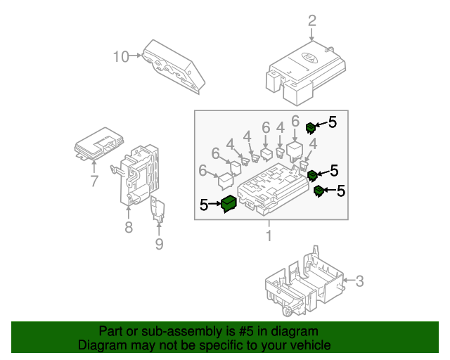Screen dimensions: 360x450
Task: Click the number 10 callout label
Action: click(120, 56)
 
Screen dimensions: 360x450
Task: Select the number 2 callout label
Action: click(312, 21)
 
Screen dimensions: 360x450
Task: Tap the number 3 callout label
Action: click(359, 282)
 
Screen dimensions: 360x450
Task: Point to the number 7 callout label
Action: click(94, 182)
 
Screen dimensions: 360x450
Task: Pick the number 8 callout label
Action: click(129, 226)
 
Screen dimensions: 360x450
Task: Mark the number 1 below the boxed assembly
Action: click(269, 236)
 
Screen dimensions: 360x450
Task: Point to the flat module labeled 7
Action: click(99, 143)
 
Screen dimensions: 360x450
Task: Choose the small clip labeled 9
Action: click(159, 211)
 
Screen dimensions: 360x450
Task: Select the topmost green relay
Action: click(310, 127)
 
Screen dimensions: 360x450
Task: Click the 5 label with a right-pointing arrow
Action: click(204, 205)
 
